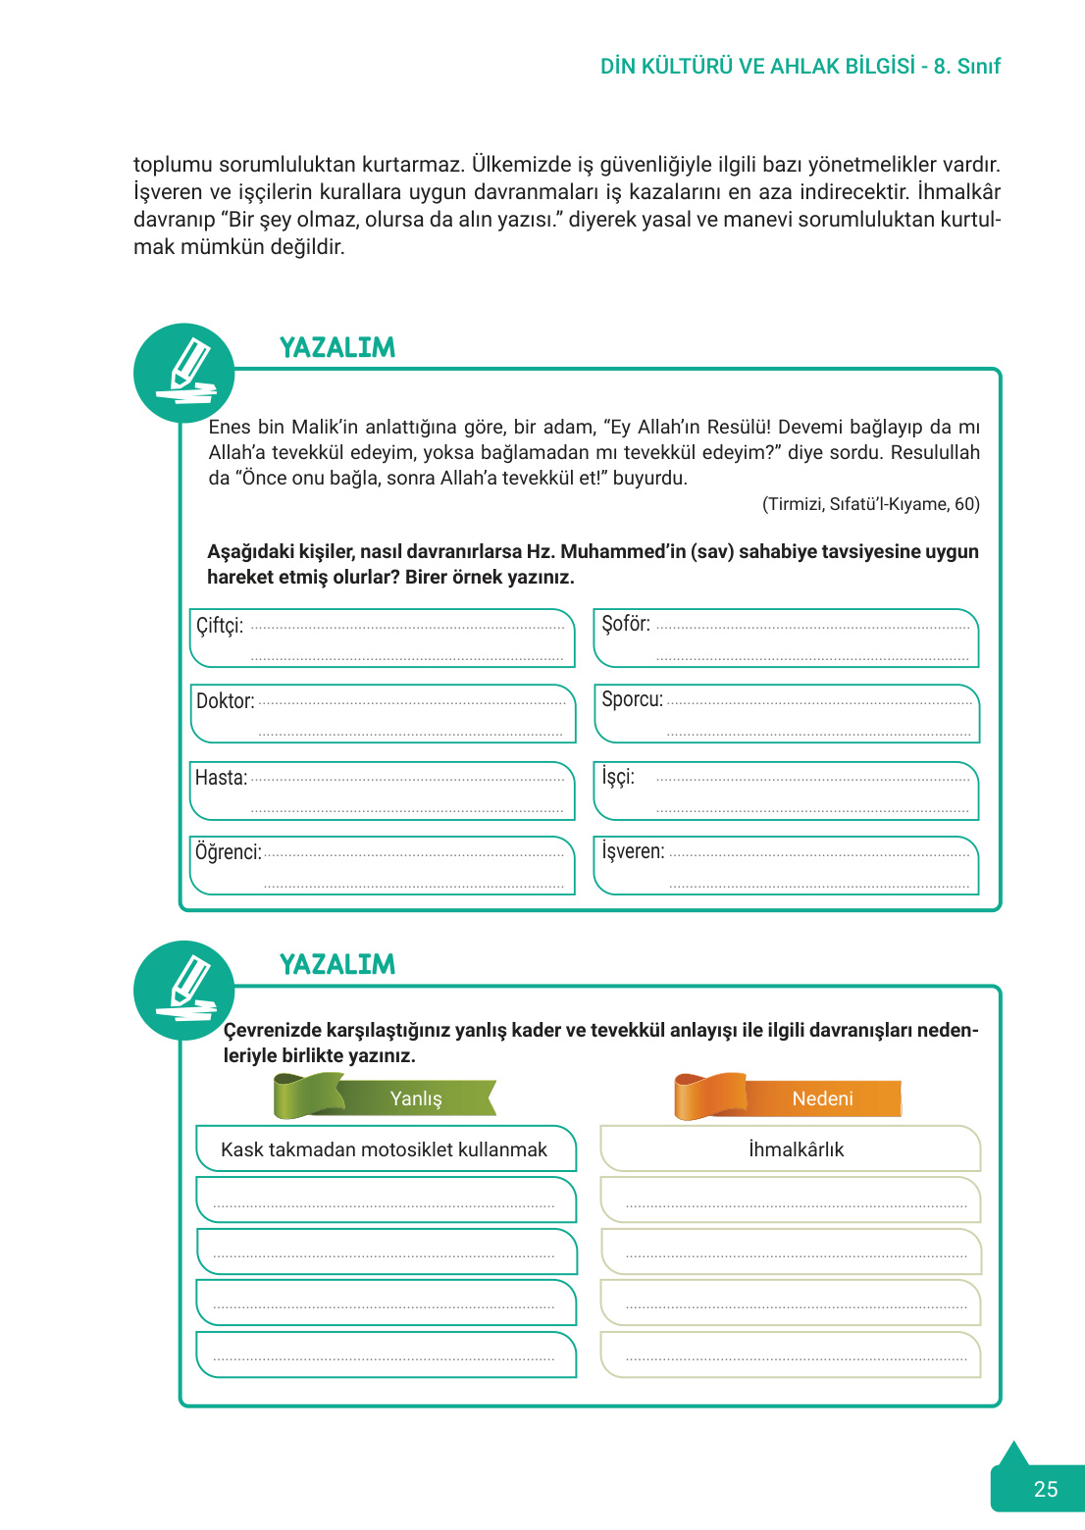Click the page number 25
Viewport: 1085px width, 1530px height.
pos(1045,1489)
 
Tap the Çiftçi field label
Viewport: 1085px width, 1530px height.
pos(220,626)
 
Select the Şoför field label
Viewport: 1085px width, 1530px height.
pos(626,624)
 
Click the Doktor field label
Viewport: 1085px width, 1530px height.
pos(225,701)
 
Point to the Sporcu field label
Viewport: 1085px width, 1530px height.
pos(632,699)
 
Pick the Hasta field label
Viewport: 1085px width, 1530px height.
pos(221,778)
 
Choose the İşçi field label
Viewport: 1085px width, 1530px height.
pos(618,777)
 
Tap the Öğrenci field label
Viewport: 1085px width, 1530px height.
pos(228,852)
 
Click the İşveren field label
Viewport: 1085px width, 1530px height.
pos(633,851)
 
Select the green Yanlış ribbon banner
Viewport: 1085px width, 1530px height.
pos(386,1097)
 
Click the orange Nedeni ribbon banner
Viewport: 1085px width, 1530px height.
pos(788,1097)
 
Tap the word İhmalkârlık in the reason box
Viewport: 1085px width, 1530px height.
pos(796,1149)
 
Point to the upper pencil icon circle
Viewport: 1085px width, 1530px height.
pos(184,374)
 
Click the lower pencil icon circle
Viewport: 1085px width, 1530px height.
pos(184,991)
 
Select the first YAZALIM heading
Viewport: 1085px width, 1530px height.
pos(337,348)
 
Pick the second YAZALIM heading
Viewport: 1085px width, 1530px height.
pos(337,965)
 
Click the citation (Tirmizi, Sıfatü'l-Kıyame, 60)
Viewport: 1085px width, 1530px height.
pos(870,504)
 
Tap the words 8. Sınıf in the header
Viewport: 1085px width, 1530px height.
pos(966,67)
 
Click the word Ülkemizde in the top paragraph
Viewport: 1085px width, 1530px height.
pos(519,164)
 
